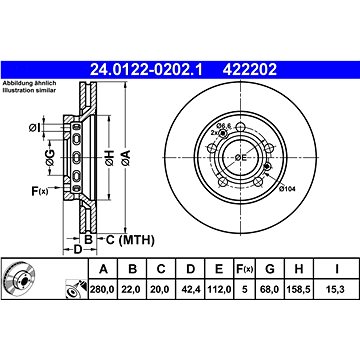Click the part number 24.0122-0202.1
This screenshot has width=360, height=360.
pos(147,70)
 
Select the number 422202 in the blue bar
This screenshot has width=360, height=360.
pos(250,70)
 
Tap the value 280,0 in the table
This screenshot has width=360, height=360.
pos(102,290)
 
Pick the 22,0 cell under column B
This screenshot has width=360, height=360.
pos(132,290)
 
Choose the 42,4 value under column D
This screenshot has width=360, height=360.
pos(190,290)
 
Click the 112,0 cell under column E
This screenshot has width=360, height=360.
pos(219,290)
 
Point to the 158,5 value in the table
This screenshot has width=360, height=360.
pos(298,290)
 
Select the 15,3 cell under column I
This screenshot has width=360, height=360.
pos(337,290)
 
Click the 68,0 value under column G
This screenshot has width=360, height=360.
pos(269,290)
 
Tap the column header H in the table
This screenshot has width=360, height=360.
pos(299,269)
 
